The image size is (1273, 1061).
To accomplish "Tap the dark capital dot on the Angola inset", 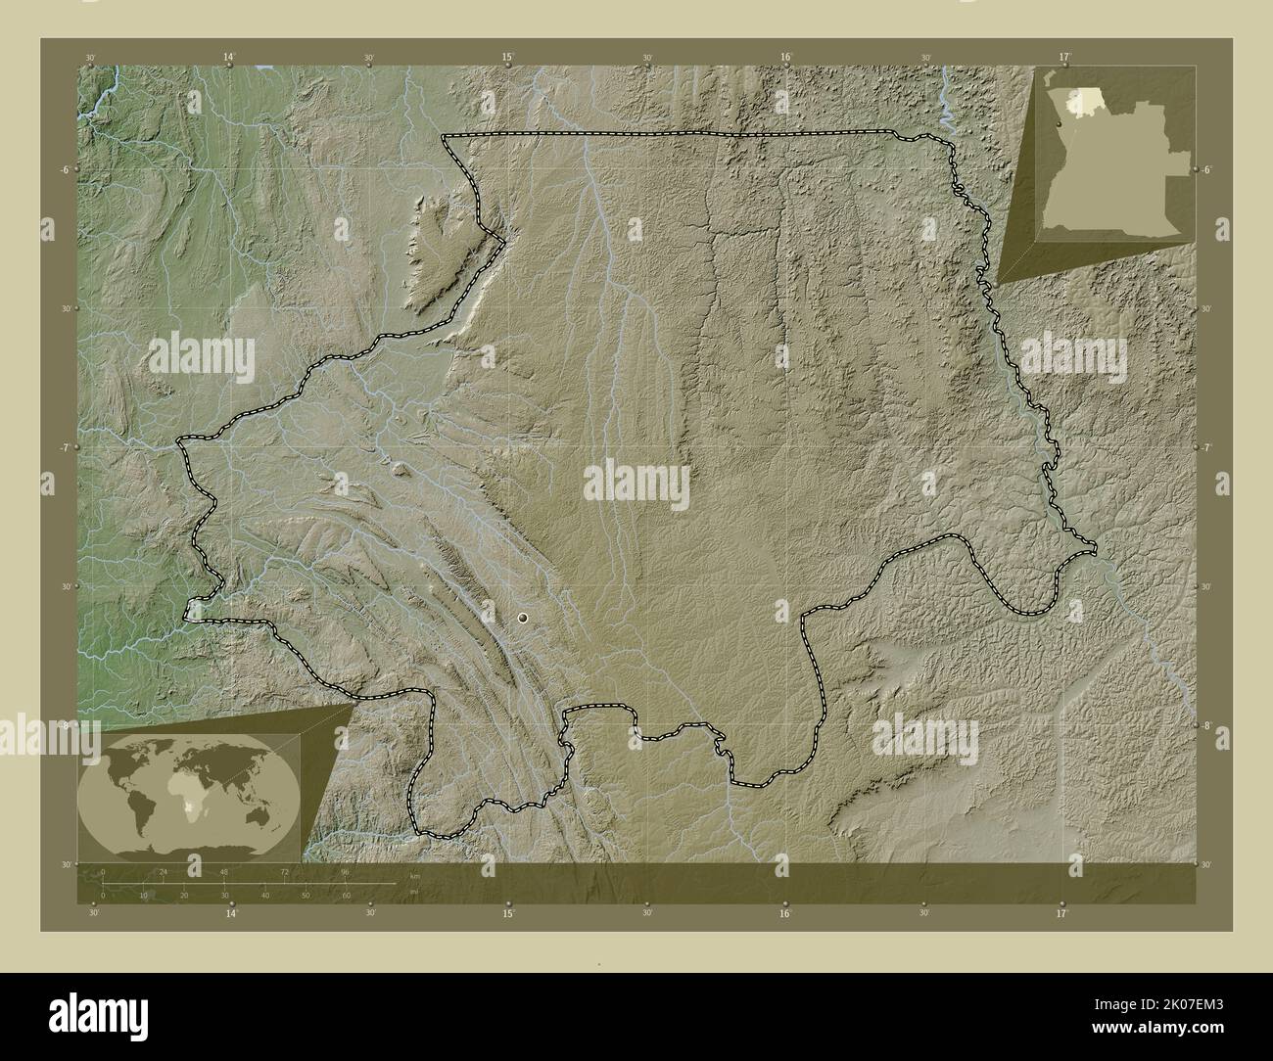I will pyautogui.click(x=1060, y=124).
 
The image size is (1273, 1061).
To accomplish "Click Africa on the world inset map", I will pyautogui.click(x=184, y=786).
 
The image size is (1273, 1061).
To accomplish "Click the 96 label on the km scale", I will pyautogui.click(x=345, y=871).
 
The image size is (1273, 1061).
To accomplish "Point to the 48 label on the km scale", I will pyautogui.click(x=224, y=871).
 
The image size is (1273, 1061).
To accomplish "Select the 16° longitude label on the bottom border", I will pyautogui.click(x=785, y=913).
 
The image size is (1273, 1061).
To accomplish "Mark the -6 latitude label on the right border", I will pyautogui.click(x=1208, y=170).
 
